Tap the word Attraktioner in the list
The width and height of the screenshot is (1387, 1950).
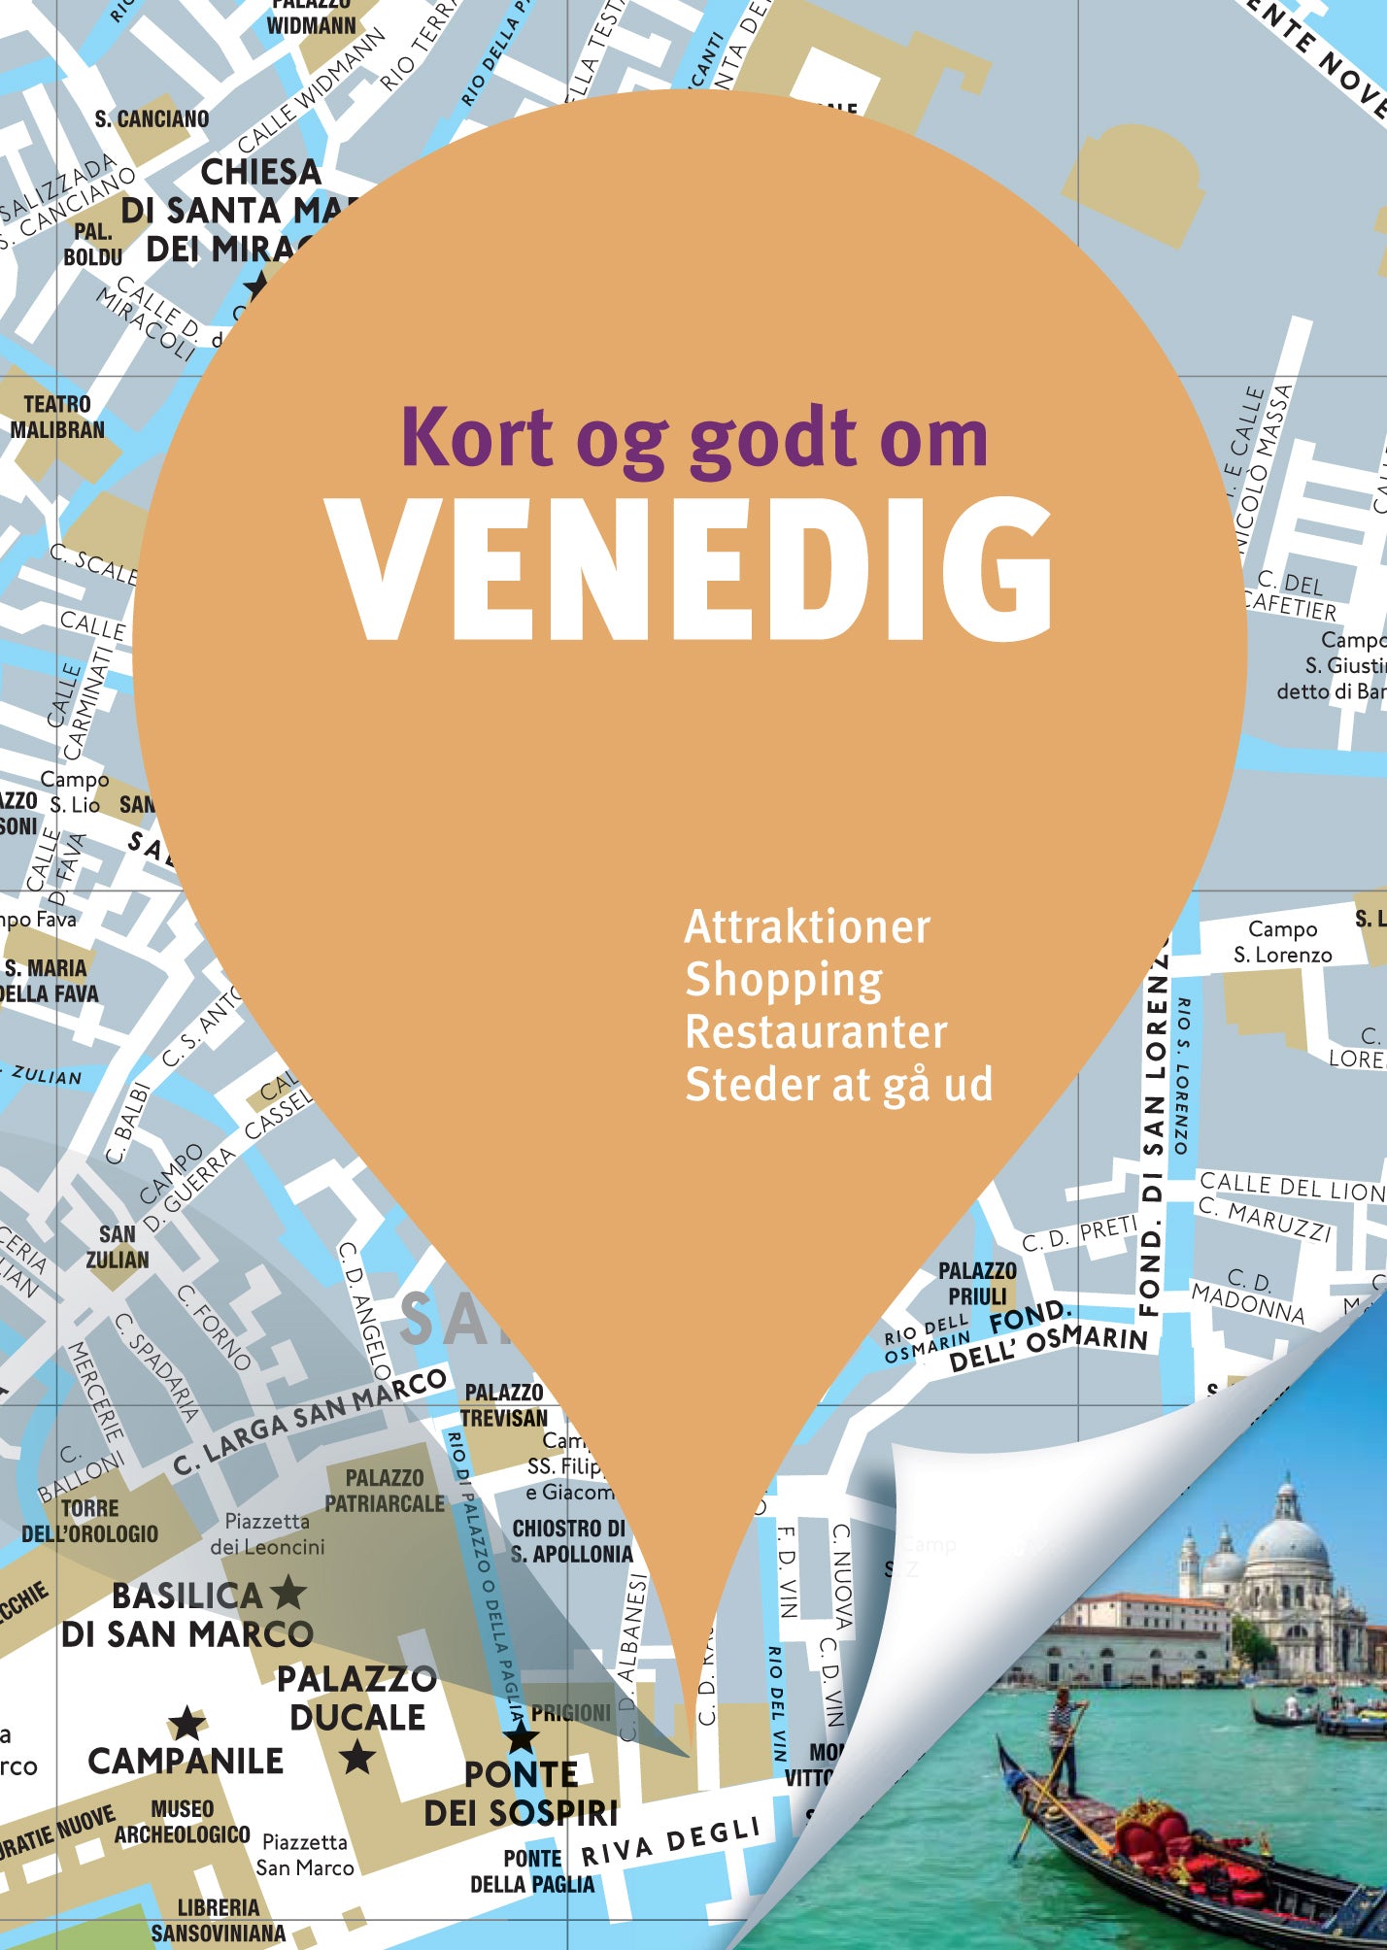pyautogui.click(x=807, y=927)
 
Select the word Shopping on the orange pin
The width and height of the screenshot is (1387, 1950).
pyautogui.click(x=784, y=980)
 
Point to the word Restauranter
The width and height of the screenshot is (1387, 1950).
pyautogui.click(x=816, y=1032)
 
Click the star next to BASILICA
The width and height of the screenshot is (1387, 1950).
pyautogui.click(x=288, y=1593)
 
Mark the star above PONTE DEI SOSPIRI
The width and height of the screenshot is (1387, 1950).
pyautogui.click(x=521, y=1735)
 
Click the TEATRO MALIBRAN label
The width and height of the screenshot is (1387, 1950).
pyautogui.click(x=56, y=417)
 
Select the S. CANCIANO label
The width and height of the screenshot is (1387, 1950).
pyautogui.click(x=152, y=119)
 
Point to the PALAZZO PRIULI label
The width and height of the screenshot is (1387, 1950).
pyautogui.click(x=977, y=1284)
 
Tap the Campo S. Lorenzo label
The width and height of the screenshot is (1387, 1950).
pyautogui.click(x=1282, y=942)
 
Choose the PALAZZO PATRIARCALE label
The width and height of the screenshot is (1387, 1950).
pyautogui.click(x=385, y=1491)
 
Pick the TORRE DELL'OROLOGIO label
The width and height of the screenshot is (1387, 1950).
pyautogui.click(x=89, y=1521)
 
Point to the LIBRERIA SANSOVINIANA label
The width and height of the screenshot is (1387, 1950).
pyautogui.click(x=219, y=1920)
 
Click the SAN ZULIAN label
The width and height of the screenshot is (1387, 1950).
pyautogui.click(x=118, y=1247)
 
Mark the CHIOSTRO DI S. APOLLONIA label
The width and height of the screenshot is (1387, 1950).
pyautogui.click(x=571, y=1541)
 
